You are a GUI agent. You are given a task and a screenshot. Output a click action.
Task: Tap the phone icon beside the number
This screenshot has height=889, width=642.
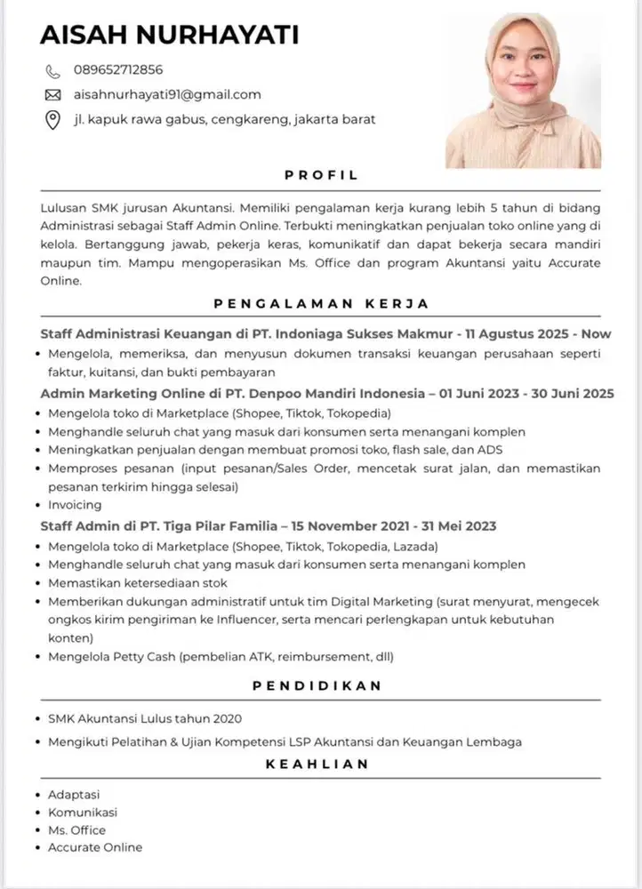click(x=52, y=70)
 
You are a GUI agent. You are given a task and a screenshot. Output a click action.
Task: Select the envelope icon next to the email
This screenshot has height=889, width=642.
click(x=52, y=94)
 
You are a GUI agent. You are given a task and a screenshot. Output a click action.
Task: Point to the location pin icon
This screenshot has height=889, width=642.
click(x=52, y=119)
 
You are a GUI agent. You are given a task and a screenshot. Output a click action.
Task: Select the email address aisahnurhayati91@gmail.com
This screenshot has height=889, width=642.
click(x=167, y=94)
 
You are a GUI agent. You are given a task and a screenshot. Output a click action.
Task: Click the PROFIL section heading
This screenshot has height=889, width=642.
click(x=321, y=175)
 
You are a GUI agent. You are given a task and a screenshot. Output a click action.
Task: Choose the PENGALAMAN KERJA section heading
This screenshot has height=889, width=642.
click(x=321, y=303)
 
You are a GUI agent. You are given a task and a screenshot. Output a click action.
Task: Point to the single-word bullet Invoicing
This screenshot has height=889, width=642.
click(x=75, y=505)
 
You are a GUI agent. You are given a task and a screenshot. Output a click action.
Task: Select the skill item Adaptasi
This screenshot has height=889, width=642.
click(x=75, y=794)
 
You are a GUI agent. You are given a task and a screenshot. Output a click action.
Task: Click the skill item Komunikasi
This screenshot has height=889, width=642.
click(x=83, y=812)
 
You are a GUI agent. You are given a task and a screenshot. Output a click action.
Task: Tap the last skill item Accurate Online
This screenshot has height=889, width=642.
click(x=95, y=847)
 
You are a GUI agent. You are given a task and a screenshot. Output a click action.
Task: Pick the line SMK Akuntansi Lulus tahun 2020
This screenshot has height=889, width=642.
click(x=145, y=718)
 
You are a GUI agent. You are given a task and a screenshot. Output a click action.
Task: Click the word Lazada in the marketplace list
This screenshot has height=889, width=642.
click(x=415, y=545)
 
